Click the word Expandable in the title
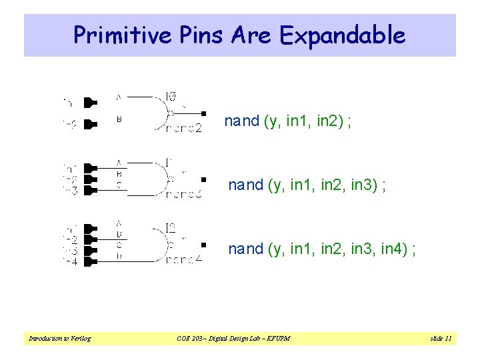click(x=343, y=35)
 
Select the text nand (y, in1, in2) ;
click(x=288, y=121)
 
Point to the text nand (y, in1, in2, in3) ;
click(x=307, y=185)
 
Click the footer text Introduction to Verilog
click(x=59, y=339)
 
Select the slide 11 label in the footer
click(x=441, y=339)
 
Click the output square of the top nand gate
click(x=204, y=113)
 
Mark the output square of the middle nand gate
click(x=204, y=179)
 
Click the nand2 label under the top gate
click(x=183, y=129)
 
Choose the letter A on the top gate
click(x=119, y=97)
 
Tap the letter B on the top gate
click(x=119, y=120)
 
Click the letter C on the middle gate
click(x=119, y=185)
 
